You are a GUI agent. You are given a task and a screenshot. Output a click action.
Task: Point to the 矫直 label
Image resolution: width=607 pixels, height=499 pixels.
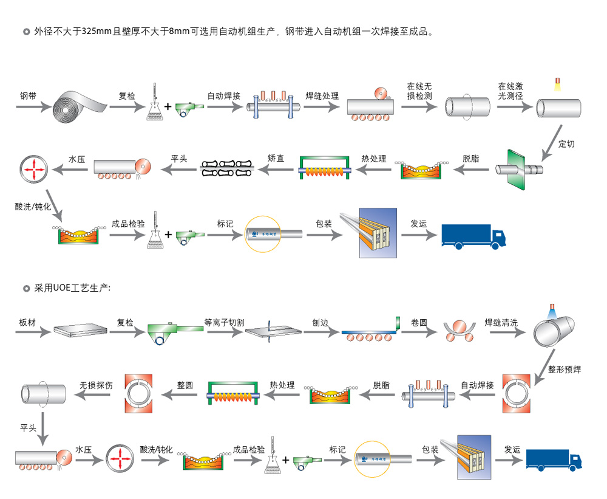pos(276,158)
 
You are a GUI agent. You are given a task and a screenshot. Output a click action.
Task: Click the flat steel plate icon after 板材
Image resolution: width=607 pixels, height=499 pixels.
pos(80,330)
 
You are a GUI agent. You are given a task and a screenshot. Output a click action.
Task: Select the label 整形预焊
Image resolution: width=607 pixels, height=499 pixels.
pos(564,368)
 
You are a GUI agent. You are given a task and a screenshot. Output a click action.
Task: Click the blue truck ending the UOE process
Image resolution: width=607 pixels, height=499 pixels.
pos(554,459)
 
